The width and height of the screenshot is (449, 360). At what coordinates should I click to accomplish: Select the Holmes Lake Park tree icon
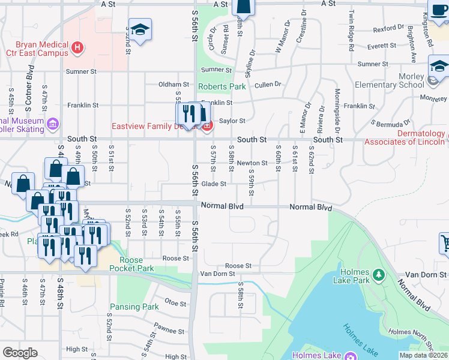(x=379, y=275)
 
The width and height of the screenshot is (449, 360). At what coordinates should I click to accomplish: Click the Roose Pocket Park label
(x=127, y=264)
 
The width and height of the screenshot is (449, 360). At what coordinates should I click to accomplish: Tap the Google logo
(x=20, y=353)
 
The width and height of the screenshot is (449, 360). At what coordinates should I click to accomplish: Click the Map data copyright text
(x=423, y=355)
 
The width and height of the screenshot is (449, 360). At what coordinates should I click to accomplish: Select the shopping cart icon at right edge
(x=445, y=243)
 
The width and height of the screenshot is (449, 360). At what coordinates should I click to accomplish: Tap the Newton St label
(x=252, y=163)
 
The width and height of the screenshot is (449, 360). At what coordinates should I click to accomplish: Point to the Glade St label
(x=213, y=184)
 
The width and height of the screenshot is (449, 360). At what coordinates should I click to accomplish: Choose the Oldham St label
(x=173, y=85)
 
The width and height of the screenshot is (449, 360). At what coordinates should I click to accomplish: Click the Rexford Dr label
(x=388, y=28)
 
